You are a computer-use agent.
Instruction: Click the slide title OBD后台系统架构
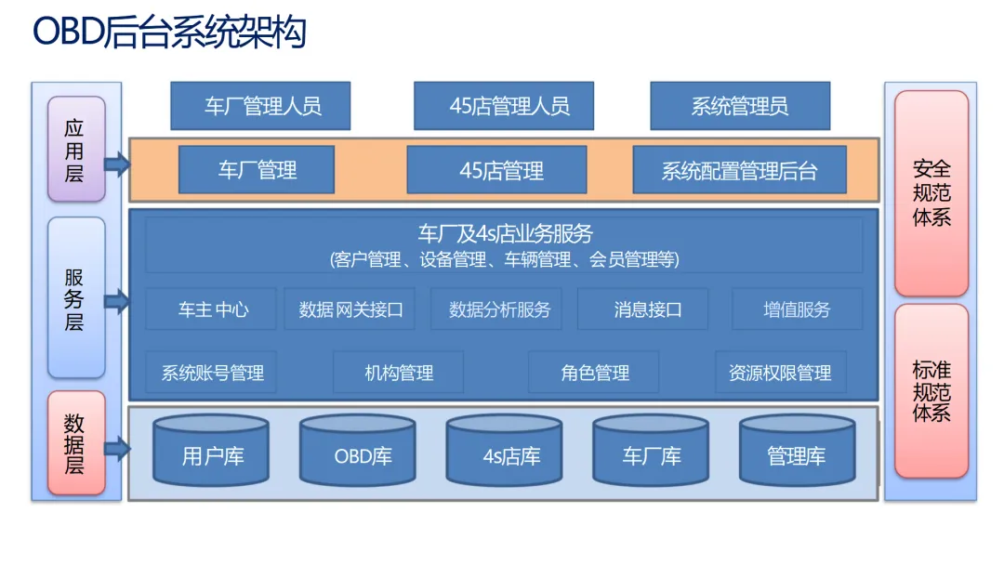pyautogui.click(x=169, y=33)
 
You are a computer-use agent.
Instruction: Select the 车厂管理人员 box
pyautogui.click(x=260, y=106)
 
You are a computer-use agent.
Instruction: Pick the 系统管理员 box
pyautogui.click(x=739, y=106)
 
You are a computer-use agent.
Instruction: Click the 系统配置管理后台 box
pyautogui.click(x=739, y=170)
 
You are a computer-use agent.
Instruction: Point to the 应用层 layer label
pyautogui.click(x=75, y=150)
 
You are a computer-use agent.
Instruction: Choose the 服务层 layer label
pyautogui.click(x=75, y=298)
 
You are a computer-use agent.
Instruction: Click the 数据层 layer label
pyautogui.click(x=75, y=444)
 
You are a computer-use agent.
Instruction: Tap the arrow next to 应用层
pyautogui.click(x=117, y=165)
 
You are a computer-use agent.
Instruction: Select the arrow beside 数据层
pyautogui.click(x=117, y=449)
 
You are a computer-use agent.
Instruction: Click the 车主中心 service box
pyautogui.click(x=212, y=309)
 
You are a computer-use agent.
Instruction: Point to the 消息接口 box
pyautogui.click(x=642, y=309)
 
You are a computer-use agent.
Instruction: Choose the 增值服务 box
pyautogui.click(x=797, y=309)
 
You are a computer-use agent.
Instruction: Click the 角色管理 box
pyautogui.click(x=594, y=373)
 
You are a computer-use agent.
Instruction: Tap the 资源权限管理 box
pyautogui.click(x=780, y=373)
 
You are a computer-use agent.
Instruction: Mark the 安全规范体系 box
pyautogui.click(x=931, y=193)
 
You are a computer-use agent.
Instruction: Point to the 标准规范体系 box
pyautogui.click(x=931, y=391)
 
